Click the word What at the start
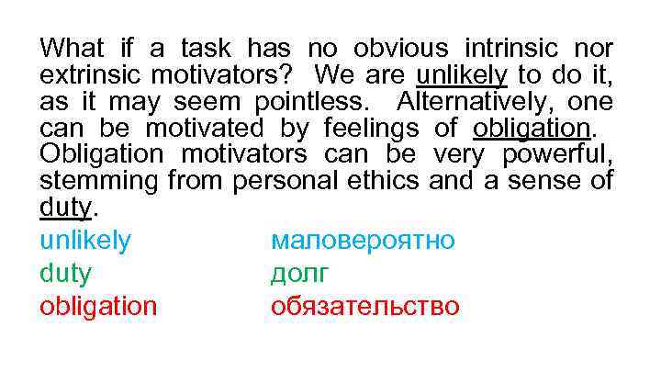(x=73, y=48)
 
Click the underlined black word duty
(x=65, y=208)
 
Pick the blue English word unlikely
(x=85, y=242)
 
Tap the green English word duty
(x=65, y=274)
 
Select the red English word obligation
(x=98, y=306)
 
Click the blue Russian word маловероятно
(x=363, y=242)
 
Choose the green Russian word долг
(x=299, y=274)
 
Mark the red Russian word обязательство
(x=365, y=306)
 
